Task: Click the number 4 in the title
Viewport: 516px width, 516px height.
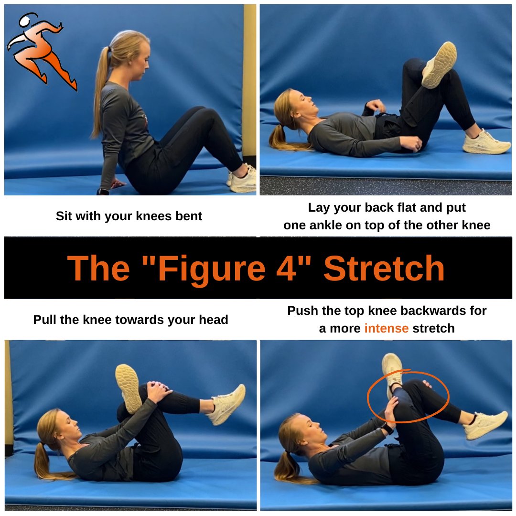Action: (x=294, y=268)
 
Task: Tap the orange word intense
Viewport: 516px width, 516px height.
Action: (x=386, y=328)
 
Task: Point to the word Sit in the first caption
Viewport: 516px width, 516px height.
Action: (x=64, y=216)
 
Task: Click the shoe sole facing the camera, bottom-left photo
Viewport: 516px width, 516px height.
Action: (x=128, y=388)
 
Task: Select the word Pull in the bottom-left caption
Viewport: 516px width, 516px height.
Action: (x=45, y=320)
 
